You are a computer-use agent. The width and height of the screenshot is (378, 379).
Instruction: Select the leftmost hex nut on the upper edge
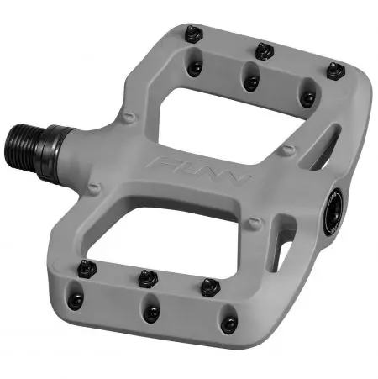(x=192, y=33)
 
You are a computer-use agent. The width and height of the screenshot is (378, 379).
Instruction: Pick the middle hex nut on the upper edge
(x=265, y=50)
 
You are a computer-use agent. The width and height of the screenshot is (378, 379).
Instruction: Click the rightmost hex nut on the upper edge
(x=335, y=70)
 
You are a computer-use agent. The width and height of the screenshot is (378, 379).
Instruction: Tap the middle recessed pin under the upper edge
(x=250, y=82)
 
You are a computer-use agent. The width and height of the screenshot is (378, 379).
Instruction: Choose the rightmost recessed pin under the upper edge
(x=307, y=99)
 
